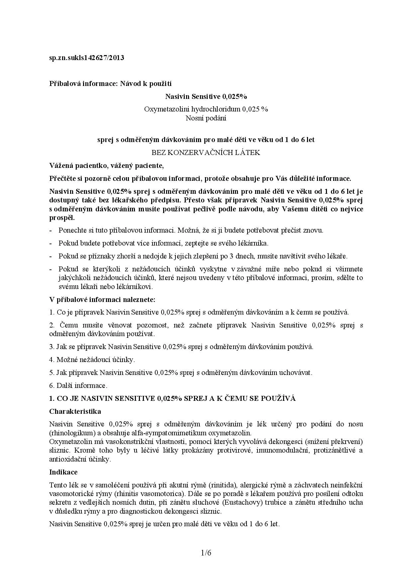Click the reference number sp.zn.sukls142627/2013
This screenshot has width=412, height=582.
pyautogui.click(x=86, y=58)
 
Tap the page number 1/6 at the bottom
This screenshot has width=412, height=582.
pyautogui.click(x=206, y=553)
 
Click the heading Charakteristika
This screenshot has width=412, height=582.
pyautogui.click(x=75, y=411)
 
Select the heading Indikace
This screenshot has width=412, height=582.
pyautogui.click(x=63, y=472)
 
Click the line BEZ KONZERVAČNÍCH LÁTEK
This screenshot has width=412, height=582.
pyautogui.click(x=206, y=153)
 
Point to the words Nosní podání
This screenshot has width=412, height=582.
pyautogui.click(x=206, y=118)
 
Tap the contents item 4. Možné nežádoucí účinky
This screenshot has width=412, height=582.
pyautogui.click(x=92, y=360)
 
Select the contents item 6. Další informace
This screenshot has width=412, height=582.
pyautogui.click(x=78, y=386)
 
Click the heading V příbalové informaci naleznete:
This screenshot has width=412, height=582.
pyautogui.click(x=102, y=300)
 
